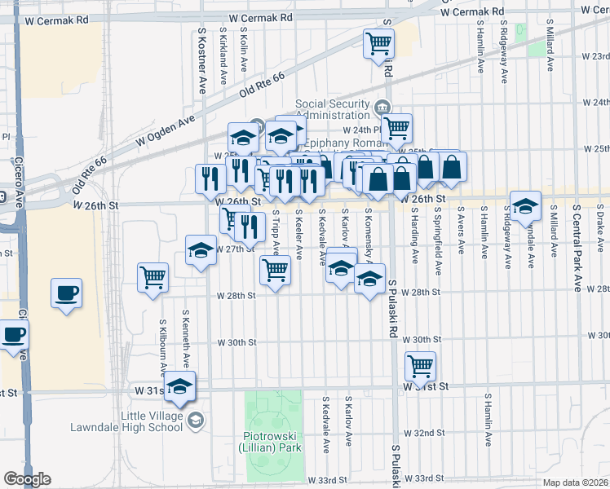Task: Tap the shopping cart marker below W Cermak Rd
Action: [378, 43]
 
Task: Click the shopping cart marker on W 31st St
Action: [420, 365]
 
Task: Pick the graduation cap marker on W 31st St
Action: [180, 385]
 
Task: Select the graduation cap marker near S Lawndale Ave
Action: [526, 205]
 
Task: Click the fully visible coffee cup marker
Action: [66, 292]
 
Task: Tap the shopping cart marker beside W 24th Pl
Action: [396, 127]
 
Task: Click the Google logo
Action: [27, 479]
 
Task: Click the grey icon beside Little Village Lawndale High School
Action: [195, 421]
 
